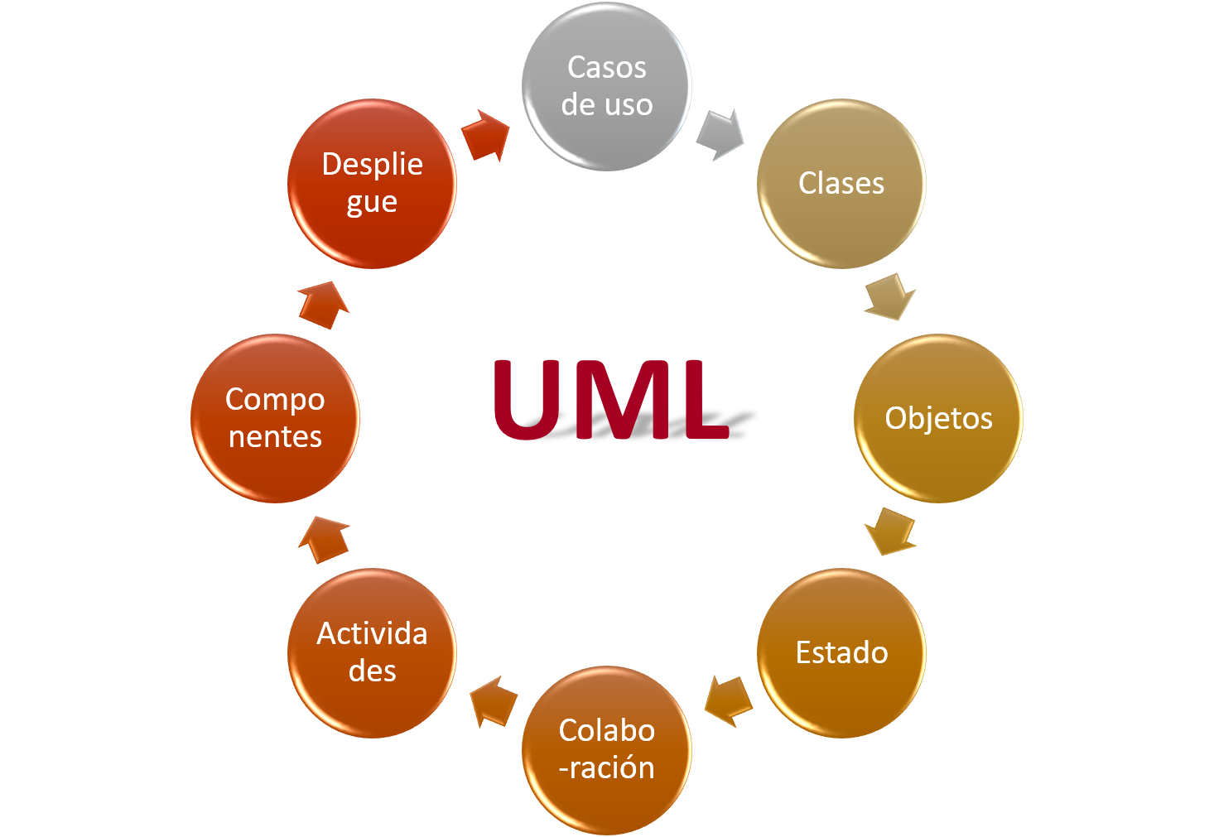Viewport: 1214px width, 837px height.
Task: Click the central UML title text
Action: coord(611,400)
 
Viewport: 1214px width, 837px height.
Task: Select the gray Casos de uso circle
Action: coord(606,86)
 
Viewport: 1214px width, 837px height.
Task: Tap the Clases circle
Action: coord(841,183)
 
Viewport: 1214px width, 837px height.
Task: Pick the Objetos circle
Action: coord(938,418)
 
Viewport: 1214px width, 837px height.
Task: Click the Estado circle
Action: coord(841,652)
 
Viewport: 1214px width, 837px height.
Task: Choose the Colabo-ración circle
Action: coord(606,750)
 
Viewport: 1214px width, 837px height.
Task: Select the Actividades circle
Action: coord(372,652)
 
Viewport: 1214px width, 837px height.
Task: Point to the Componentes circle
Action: coord(275,418)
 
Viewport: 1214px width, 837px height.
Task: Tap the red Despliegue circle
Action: coord(372,183)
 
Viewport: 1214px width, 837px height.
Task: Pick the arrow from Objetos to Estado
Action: coord(891,532)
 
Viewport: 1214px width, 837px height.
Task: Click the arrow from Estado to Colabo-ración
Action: coord(728,700)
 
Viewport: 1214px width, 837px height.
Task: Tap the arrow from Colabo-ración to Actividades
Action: coord(493,701)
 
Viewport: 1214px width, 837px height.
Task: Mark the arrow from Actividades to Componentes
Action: coord(324,539)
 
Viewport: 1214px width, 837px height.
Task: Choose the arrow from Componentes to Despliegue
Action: coord(324,304)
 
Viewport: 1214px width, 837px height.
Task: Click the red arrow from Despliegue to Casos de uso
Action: coord(486,135)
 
